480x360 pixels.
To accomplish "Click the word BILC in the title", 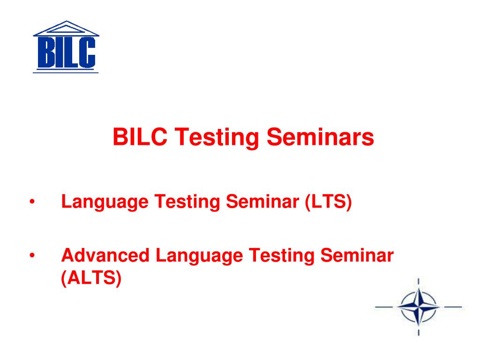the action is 140,136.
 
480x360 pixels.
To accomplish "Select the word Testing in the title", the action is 217,137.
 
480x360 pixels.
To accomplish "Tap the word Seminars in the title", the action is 320,136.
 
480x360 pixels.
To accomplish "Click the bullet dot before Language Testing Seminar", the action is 32,202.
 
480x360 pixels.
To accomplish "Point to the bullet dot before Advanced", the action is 32,255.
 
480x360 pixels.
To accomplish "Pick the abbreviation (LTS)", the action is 328,202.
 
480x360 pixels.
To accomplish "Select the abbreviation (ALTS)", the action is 91,278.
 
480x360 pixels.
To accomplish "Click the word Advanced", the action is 105,255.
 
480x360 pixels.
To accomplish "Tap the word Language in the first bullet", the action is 105,202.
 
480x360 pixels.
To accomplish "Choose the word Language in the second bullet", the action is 199,256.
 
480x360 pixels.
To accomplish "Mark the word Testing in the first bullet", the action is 187,202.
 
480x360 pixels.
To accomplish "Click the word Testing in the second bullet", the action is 281,256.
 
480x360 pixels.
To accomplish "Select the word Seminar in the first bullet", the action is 262,202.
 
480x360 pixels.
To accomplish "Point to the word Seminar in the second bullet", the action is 357,255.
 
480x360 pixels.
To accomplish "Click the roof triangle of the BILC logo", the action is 66,29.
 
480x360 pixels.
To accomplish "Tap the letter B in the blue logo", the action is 45,52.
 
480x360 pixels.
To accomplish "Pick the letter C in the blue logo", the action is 86,52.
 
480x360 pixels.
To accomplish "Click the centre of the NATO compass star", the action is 419,307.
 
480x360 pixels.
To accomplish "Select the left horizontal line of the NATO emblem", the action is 384,307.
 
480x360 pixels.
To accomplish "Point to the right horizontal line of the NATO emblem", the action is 453,307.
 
